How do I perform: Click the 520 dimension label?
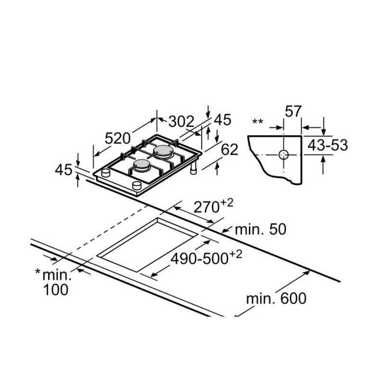(117, 138)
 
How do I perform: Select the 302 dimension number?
(181, 121)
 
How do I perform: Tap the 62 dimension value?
(230, 150)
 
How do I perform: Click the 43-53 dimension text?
(328, 145)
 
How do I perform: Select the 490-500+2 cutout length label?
(206, 257)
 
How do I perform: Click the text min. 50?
(260, 230)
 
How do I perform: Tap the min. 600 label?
(276, 298)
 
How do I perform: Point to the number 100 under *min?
(56, 290)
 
